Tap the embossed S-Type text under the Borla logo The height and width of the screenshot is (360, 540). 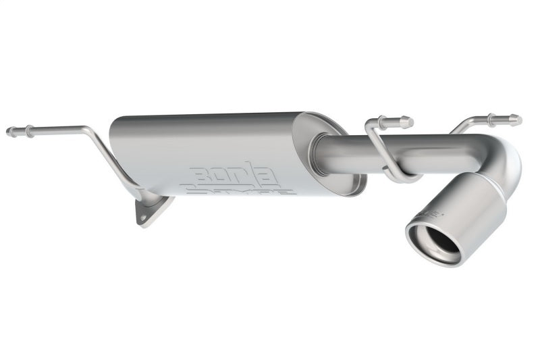240,190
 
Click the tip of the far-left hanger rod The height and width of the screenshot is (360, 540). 9,132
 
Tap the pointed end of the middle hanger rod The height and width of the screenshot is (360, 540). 410,122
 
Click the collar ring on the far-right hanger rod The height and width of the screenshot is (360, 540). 491,120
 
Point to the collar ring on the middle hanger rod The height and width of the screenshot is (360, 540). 383,122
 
